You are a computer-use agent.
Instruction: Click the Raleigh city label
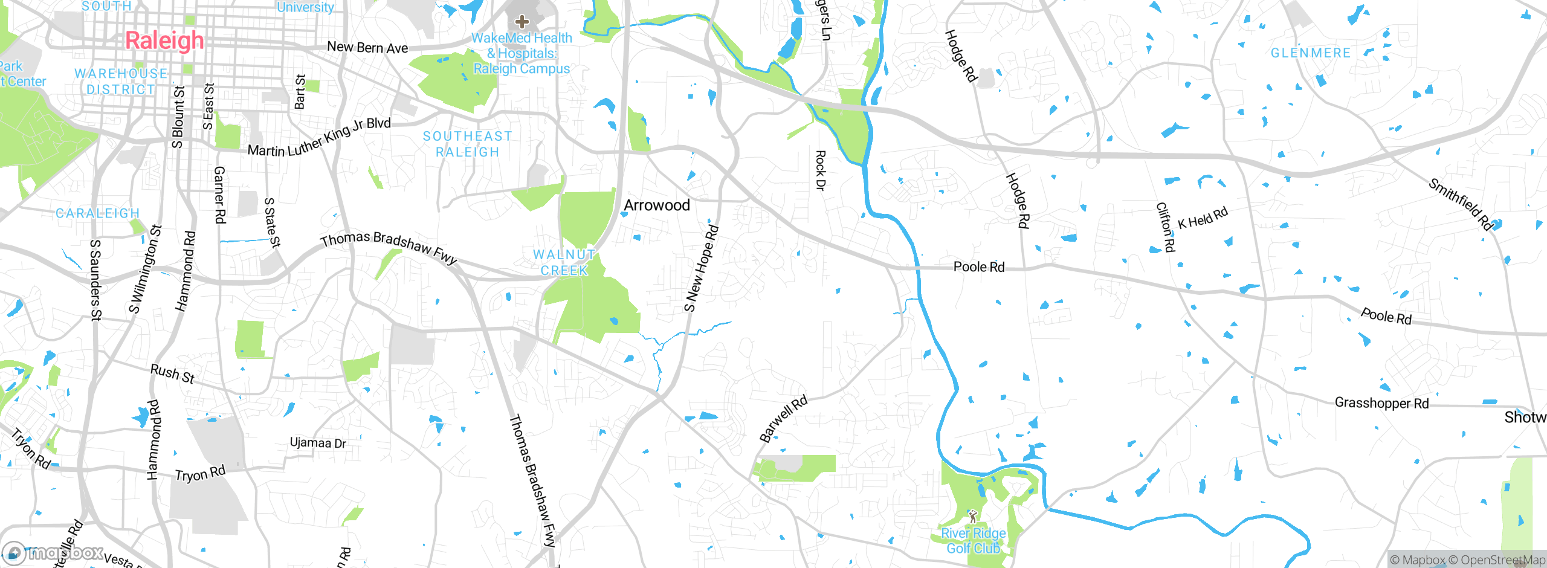[x=164, y=40]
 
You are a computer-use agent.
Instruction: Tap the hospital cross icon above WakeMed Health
[x=522, y=22]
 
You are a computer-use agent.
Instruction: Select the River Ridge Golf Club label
[x=973, y=541]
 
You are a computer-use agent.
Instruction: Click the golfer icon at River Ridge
[x=972, y=517]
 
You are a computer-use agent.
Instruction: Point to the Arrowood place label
[x=657, y=205]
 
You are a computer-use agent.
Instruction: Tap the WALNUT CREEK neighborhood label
[x=564, y=263]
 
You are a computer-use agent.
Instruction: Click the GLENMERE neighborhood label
[x=1311, y=53]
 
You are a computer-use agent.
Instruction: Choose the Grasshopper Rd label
[x=1381, y=402]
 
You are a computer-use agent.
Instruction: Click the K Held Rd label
[x=1203, y=218]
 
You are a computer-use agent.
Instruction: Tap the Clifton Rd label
[x=1166, y=227]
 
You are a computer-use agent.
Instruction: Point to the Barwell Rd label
[x=783, y=419]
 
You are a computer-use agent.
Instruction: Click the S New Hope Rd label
[x=701, y=268]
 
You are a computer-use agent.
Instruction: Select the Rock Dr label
[x=820, y=170]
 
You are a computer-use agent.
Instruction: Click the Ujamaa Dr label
[x=318, y=443]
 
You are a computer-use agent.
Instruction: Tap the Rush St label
[x=172, y=374]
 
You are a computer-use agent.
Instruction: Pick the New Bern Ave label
[x=367, y=47]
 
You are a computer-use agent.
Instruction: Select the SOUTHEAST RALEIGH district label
[x=468, y=144]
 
